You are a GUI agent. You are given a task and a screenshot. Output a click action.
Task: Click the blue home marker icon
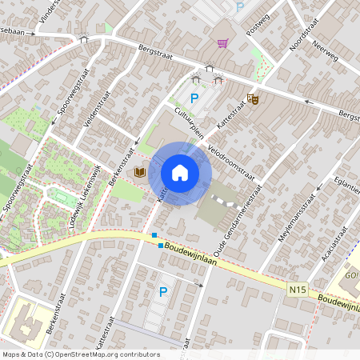(180, 172)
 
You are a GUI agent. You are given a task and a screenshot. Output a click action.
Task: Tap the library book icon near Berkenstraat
(140, 172)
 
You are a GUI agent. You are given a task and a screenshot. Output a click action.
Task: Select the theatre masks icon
(253, 99)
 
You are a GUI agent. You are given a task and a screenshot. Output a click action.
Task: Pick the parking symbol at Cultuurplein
(194, 99)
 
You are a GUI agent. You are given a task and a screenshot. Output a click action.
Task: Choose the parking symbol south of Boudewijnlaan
(163, 292)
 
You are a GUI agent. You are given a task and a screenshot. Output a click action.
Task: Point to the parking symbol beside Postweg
(240, 7)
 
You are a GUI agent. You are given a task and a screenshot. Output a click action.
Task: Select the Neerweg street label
(326, 52)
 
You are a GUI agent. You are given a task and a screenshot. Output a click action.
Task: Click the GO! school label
(351, 276)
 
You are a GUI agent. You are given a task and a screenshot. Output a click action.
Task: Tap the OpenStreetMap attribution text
(80, 354)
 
